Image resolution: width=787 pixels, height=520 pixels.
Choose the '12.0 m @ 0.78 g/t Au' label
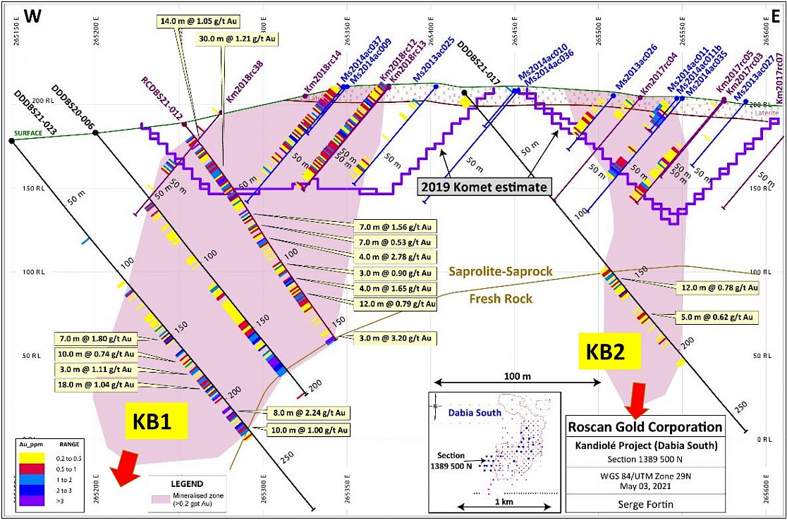point(716,287)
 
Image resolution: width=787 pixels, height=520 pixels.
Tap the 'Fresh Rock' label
point(501,299)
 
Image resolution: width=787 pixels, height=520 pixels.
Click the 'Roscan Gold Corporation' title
point(645,427)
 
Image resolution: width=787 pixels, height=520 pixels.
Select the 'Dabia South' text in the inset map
point(475,413)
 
